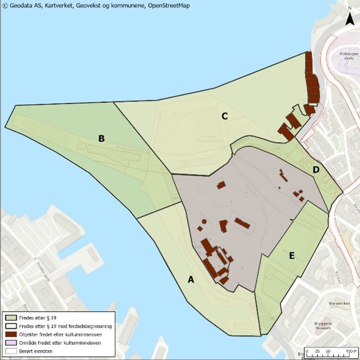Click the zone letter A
[191, 279]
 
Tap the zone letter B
[101, 138]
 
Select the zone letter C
[225, 116]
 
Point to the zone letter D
[316, 170]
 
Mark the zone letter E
[291, 255]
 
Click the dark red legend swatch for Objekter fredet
[11, 334]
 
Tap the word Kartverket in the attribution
[60, 5]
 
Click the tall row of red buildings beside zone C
[311, 77]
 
